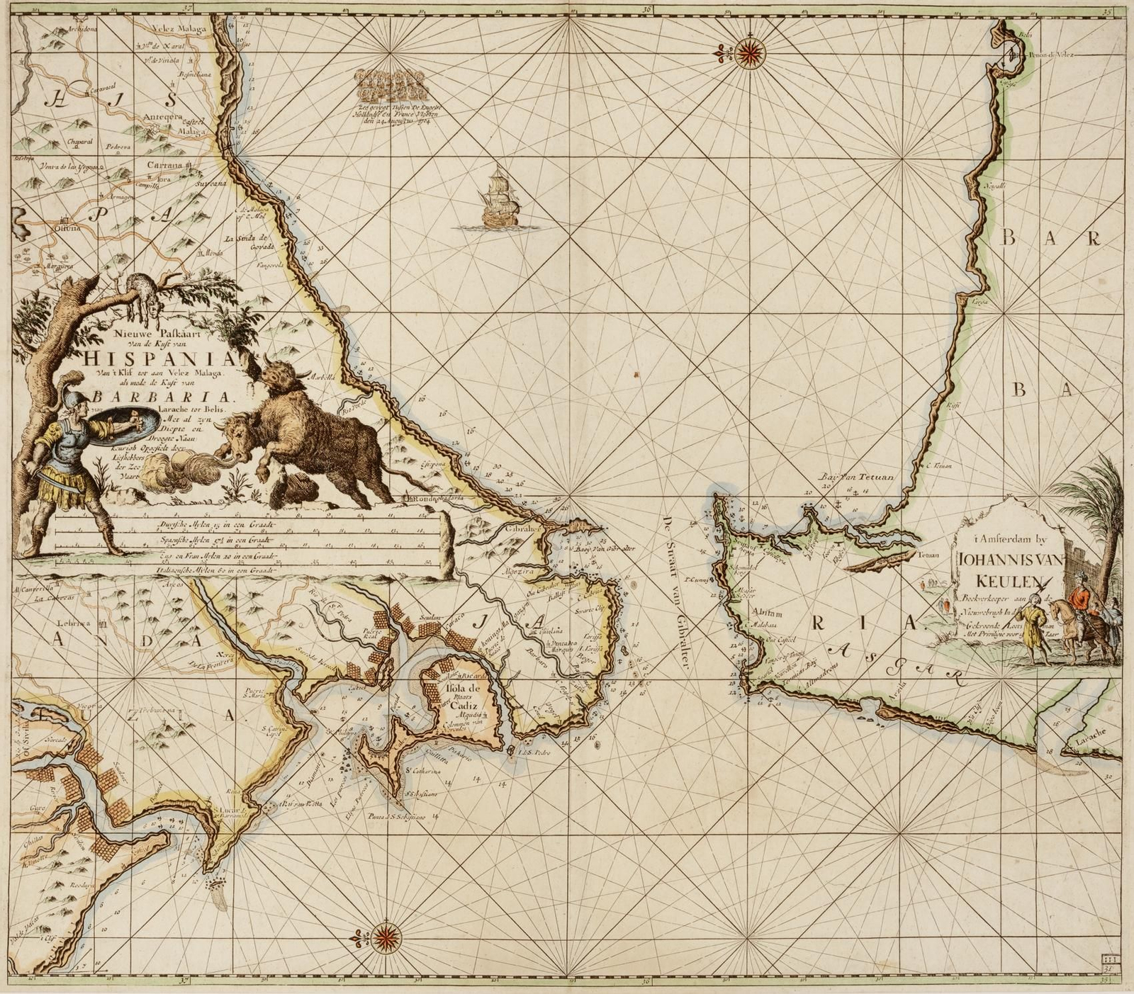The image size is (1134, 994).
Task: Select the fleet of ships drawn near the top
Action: point(392,85)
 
